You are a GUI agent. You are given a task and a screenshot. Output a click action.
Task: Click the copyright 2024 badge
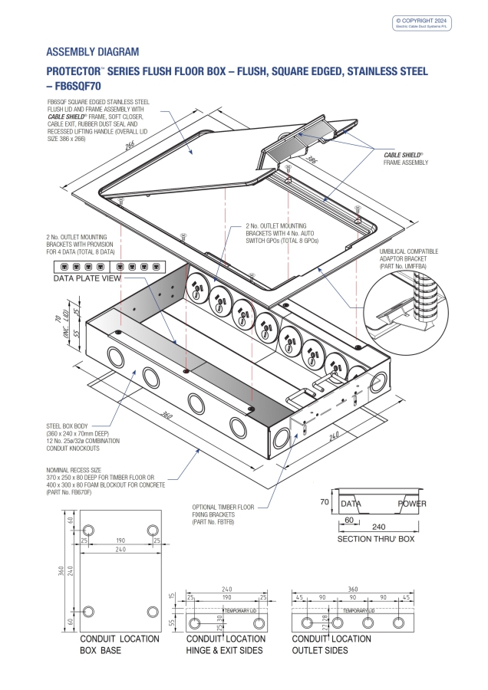click(x=423, y=23)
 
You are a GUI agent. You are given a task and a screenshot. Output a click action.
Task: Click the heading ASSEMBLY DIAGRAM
click(x=93, y=52)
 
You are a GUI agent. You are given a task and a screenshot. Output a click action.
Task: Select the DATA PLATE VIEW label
click(x=87, y=279)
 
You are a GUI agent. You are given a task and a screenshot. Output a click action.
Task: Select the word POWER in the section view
click(x=411, y=504)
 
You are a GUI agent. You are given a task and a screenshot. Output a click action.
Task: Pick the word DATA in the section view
click(x=351, y=504)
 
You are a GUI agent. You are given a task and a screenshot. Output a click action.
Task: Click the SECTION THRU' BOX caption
click(x=376, y=539)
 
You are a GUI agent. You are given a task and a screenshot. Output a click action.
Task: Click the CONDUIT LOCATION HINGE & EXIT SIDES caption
click(x=225, y=644)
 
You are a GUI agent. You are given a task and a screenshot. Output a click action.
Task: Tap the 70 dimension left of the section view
click(x=324, y=501)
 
